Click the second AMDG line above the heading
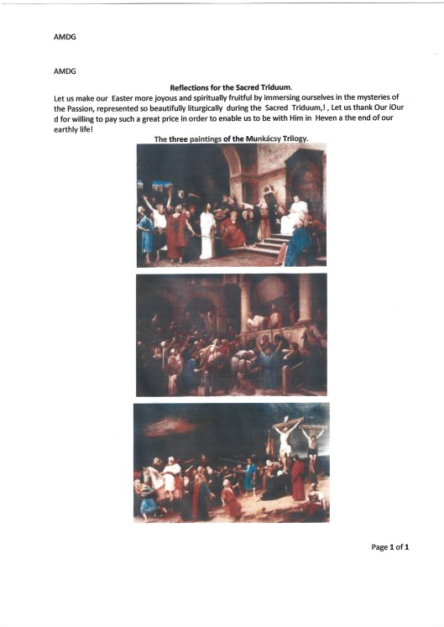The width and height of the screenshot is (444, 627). click(x=64, y=71)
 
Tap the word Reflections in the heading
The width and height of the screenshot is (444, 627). click(x=195, y=87)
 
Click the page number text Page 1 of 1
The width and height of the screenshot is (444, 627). click(x=389, y=547)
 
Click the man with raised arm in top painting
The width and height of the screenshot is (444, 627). click(x=151, y=214)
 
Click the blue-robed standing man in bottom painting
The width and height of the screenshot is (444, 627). click(x=248, y=475)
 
